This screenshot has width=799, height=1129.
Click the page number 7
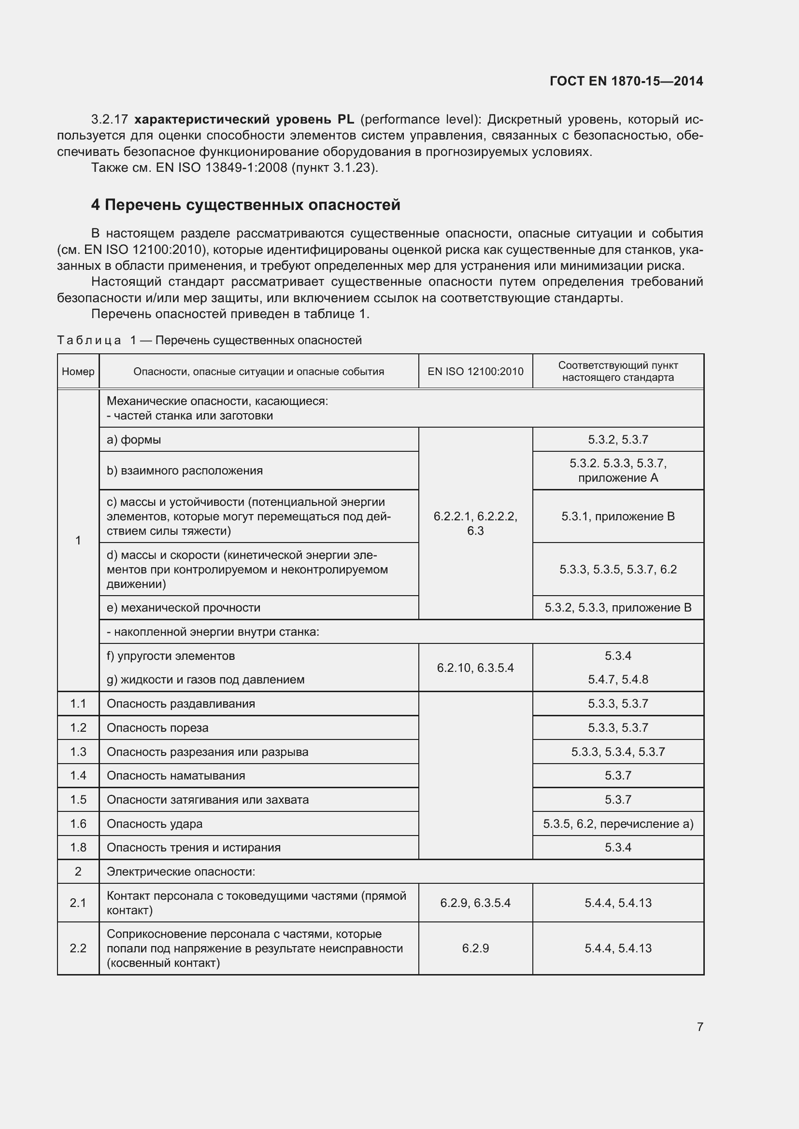tap(699, 1027)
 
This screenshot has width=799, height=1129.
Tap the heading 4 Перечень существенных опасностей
tap(245, 205)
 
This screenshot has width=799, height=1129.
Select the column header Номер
tap(78, 371)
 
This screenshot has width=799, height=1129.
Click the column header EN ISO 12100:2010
tap(475, 371)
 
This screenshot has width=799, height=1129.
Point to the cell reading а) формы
tap(134, 440)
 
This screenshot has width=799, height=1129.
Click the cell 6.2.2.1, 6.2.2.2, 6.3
tap(475, 523)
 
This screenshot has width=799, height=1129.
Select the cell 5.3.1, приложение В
tap(618, 516)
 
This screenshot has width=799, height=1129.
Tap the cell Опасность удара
tap(155, 823)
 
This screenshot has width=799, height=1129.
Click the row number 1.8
tap(78, 847)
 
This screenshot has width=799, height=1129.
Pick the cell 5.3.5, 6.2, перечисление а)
tap(618, 823)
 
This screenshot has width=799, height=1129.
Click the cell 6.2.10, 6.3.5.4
tap(475, 668)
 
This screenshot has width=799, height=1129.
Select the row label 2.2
tap(78, 948)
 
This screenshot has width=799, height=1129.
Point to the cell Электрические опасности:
tap(181, 871)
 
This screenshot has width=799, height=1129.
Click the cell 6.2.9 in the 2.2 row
tap(475, 948)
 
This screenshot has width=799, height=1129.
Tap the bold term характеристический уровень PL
tap(244, 120)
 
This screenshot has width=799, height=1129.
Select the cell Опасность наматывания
tap(176, 776)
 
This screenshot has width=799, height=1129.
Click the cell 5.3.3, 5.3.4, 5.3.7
tap(618, 752)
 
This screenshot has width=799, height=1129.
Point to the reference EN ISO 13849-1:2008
tap(221, 167)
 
